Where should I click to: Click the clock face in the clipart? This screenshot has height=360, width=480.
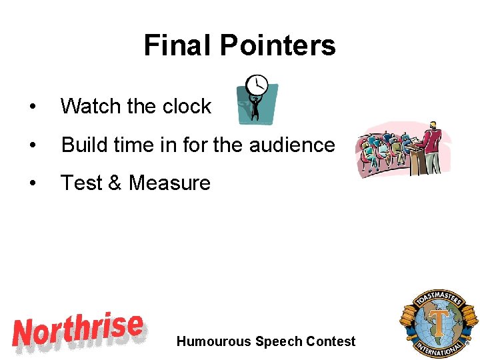[257, 85]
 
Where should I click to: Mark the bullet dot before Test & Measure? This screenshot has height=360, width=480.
[31, 183]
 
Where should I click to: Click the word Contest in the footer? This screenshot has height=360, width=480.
[331, 341]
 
